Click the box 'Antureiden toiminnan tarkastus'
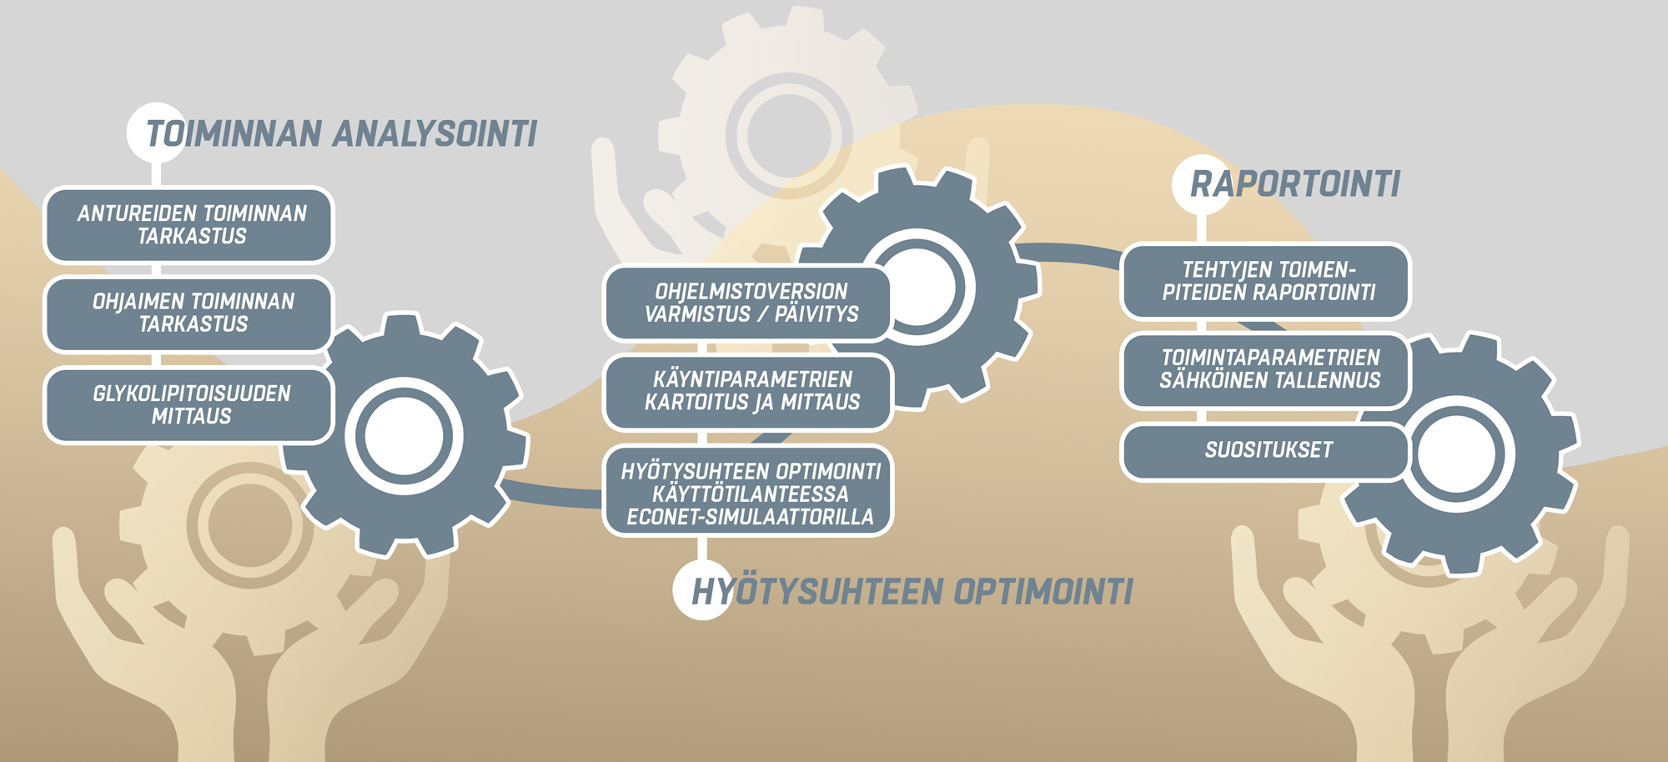click(188, 225)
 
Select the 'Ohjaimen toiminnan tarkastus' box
click(188, 313)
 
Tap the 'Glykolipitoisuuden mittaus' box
click(188, 405)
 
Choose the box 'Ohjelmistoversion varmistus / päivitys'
click(748, 303)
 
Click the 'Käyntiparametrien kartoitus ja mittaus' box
click(748, 392)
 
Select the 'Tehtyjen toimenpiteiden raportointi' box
click(1265, 282)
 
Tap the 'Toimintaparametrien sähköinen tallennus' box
click(1265, 370)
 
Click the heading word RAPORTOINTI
click(1295, 184)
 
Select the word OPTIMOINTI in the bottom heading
click(1043, 592)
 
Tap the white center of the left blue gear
click(404, 436)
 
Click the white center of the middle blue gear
click(917, 287)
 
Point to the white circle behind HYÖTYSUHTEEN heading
click(702, 589)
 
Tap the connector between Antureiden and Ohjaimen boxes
click(156, 270)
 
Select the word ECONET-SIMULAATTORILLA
click(750, 518)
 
